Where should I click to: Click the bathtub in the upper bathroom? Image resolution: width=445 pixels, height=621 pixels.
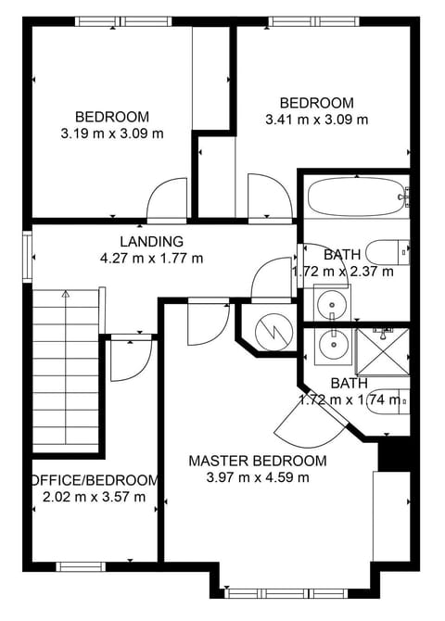coord(355,196)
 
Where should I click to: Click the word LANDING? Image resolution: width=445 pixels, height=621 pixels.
coord(151,242)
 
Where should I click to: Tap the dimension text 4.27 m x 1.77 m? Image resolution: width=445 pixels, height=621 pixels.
coord(151,259)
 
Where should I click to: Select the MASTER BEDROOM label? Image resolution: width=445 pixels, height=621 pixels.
coord(257,461)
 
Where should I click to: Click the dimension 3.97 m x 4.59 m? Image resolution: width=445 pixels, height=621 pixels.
coord(257,477)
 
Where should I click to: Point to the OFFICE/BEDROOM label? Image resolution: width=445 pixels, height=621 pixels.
coord(95,480)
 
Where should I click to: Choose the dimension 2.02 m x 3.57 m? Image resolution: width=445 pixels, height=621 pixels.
coord(94,497)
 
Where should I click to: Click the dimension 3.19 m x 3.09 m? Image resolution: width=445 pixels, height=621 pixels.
coord(111,133)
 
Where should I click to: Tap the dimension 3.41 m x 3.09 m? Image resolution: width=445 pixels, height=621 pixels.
coord(316,119)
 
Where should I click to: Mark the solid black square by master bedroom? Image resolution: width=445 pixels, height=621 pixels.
coord(394,454)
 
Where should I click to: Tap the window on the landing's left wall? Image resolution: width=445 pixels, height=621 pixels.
coord(29,254)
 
